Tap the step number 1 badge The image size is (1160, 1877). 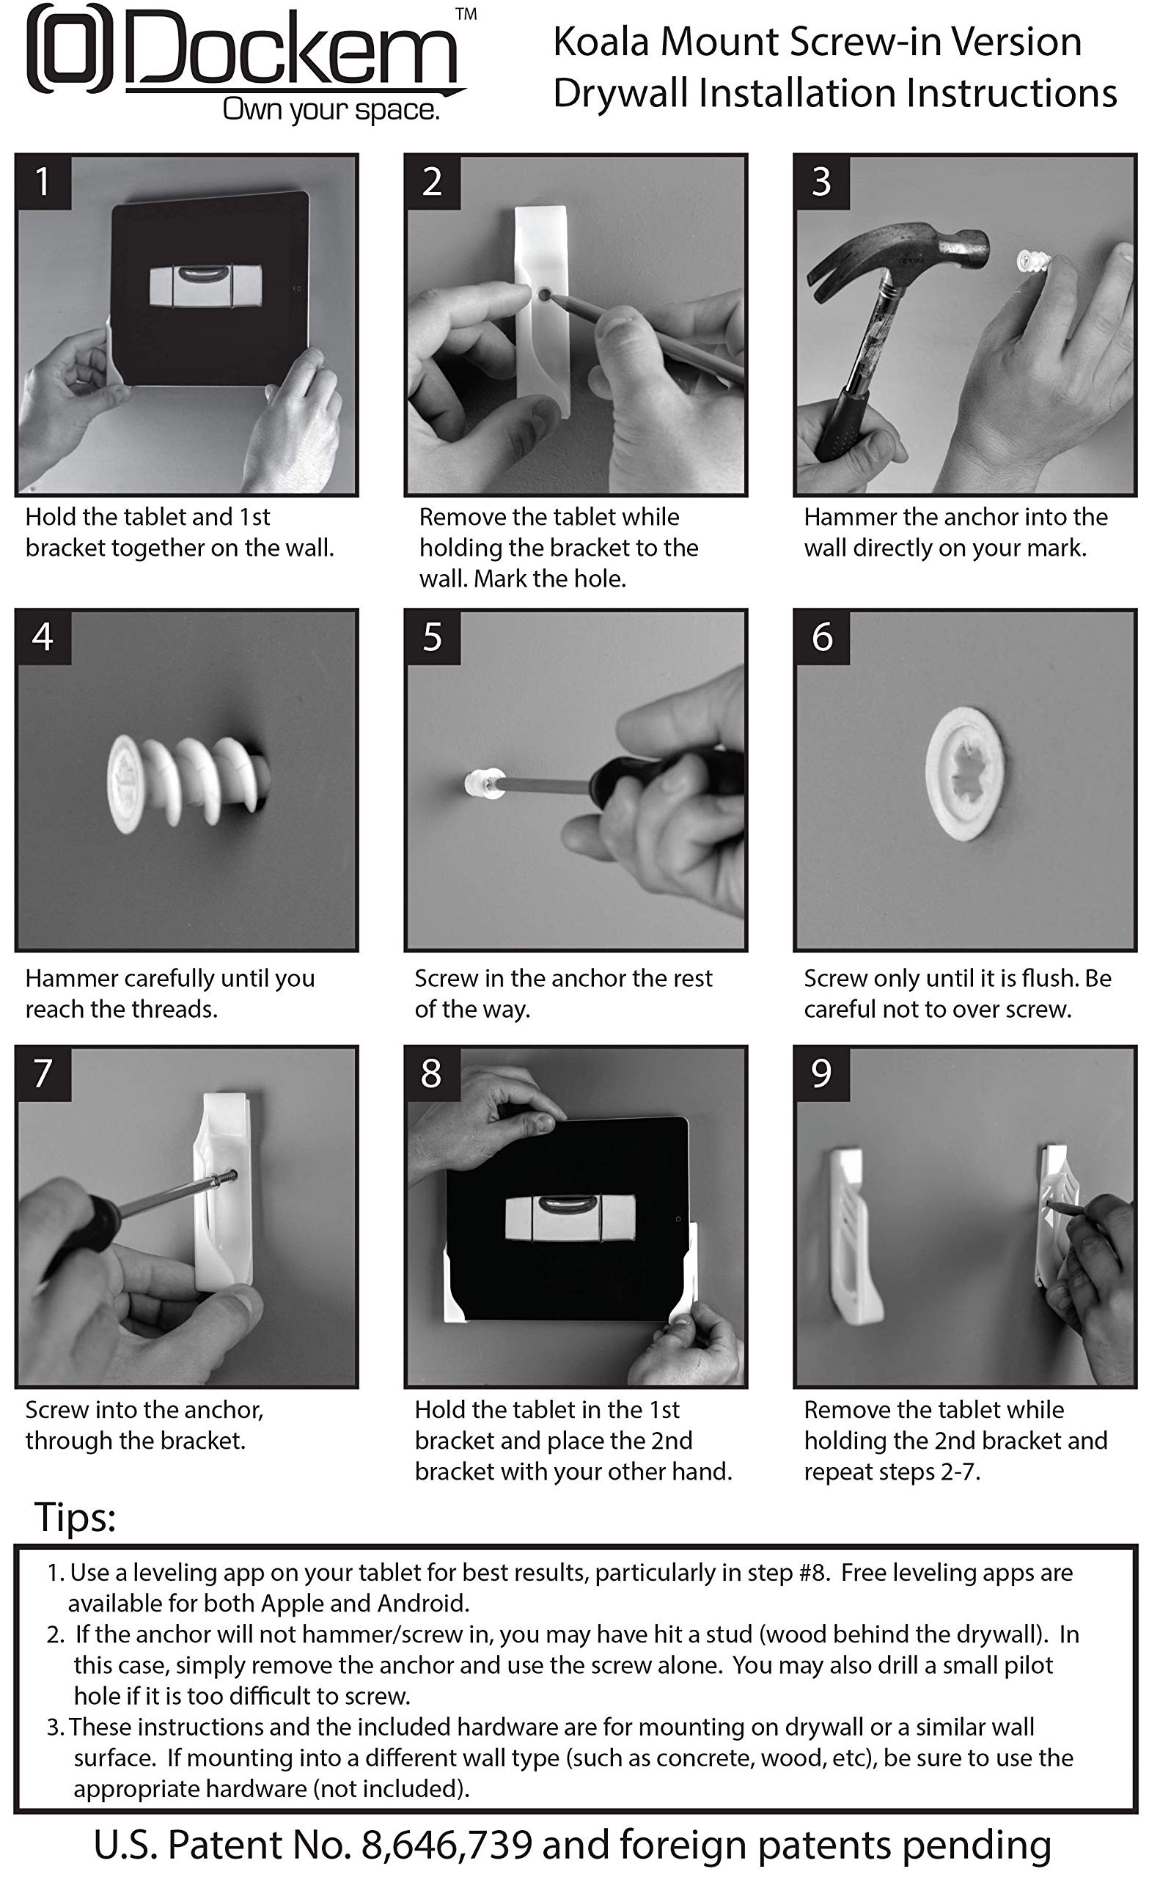coord(44,182)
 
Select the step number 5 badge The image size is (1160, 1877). coord(433,636)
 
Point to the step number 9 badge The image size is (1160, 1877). coord(823,1073)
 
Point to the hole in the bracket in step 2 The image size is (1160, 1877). coord(543,294)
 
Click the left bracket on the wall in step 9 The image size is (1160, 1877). coord(853,1236)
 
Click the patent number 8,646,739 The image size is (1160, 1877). coord(447,1845)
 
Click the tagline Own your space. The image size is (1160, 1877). coord(331,111)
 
